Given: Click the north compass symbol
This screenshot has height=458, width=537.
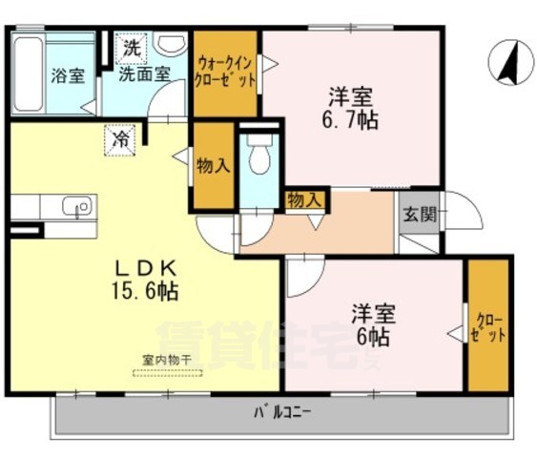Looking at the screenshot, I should coord(506,64).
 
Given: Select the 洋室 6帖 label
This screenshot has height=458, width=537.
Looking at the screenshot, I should coord(372,323).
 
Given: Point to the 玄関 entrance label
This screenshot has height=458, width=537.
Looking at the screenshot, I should coord(419,214).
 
